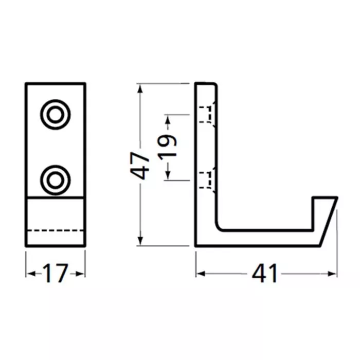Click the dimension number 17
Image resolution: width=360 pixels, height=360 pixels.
56,273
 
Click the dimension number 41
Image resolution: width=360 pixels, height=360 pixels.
264,273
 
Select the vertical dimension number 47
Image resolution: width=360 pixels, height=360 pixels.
139,165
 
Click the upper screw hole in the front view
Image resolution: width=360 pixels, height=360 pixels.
56,114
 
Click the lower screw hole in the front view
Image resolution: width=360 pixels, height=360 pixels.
56,180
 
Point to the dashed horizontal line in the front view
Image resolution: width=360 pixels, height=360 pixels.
56,230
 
